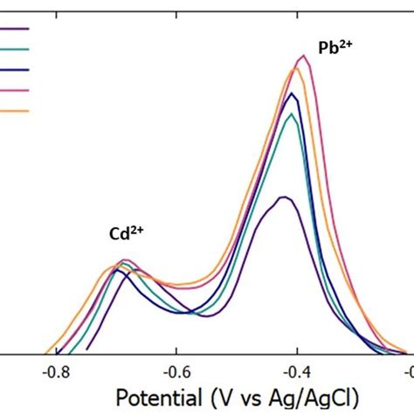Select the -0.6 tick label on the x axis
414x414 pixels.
click(176, 369)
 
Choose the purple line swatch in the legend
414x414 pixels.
click(15, 29)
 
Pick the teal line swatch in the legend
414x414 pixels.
click(15, 49)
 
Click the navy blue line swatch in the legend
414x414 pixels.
click(15, 70)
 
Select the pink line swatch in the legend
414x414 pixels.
click(15, 90)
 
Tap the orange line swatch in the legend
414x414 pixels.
click(15, 110)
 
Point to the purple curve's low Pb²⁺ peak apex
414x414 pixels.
click(283, 197)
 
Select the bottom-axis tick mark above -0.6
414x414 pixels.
click(176, 350)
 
